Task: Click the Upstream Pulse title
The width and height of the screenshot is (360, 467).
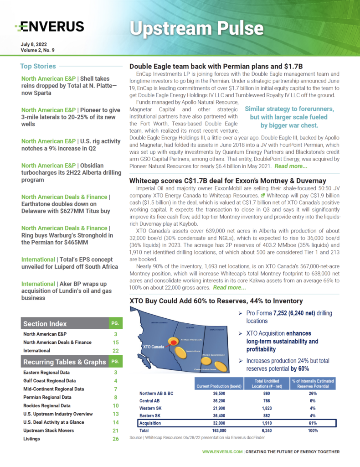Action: (x=196, y=28)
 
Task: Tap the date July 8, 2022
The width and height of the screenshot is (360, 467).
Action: (x=34, y=44)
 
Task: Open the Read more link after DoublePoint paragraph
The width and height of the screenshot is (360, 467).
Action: (x=291, y=166)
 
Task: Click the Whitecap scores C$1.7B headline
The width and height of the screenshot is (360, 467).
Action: (x=228, y=181)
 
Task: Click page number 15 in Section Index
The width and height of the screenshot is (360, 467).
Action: (x=115, y=342)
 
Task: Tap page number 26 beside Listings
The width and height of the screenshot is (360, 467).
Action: (x=115, y=439)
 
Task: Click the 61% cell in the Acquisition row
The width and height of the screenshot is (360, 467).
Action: (x=313, y=423)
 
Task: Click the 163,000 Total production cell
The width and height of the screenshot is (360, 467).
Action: (x=216, y=430)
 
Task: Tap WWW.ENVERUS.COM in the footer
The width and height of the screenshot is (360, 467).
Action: (x=222, y=452)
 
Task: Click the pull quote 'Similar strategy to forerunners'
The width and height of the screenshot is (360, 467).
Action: (x=289, y=117)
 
